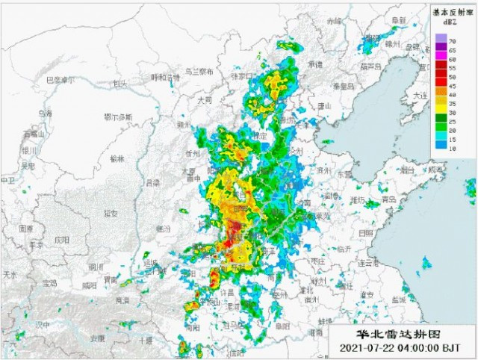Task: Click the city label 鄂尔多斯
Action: pyautogui.click(x=117, y=117)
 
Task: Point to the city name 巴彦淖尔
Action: pyautogui.click(x=61, y=80)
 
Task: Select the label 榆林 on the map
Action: pyautogui.click(x=117, y=158)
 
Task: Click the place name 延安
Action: pyautogui.click(x=111, y=213)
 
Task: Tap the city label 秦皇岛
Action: pyautogui.click(x=345, y=87)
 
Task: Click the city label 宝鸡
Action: pyautogui.click(x=51, y=284)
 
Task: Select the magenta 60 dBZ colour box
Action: pyautogui.click(x=441, y=58)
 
